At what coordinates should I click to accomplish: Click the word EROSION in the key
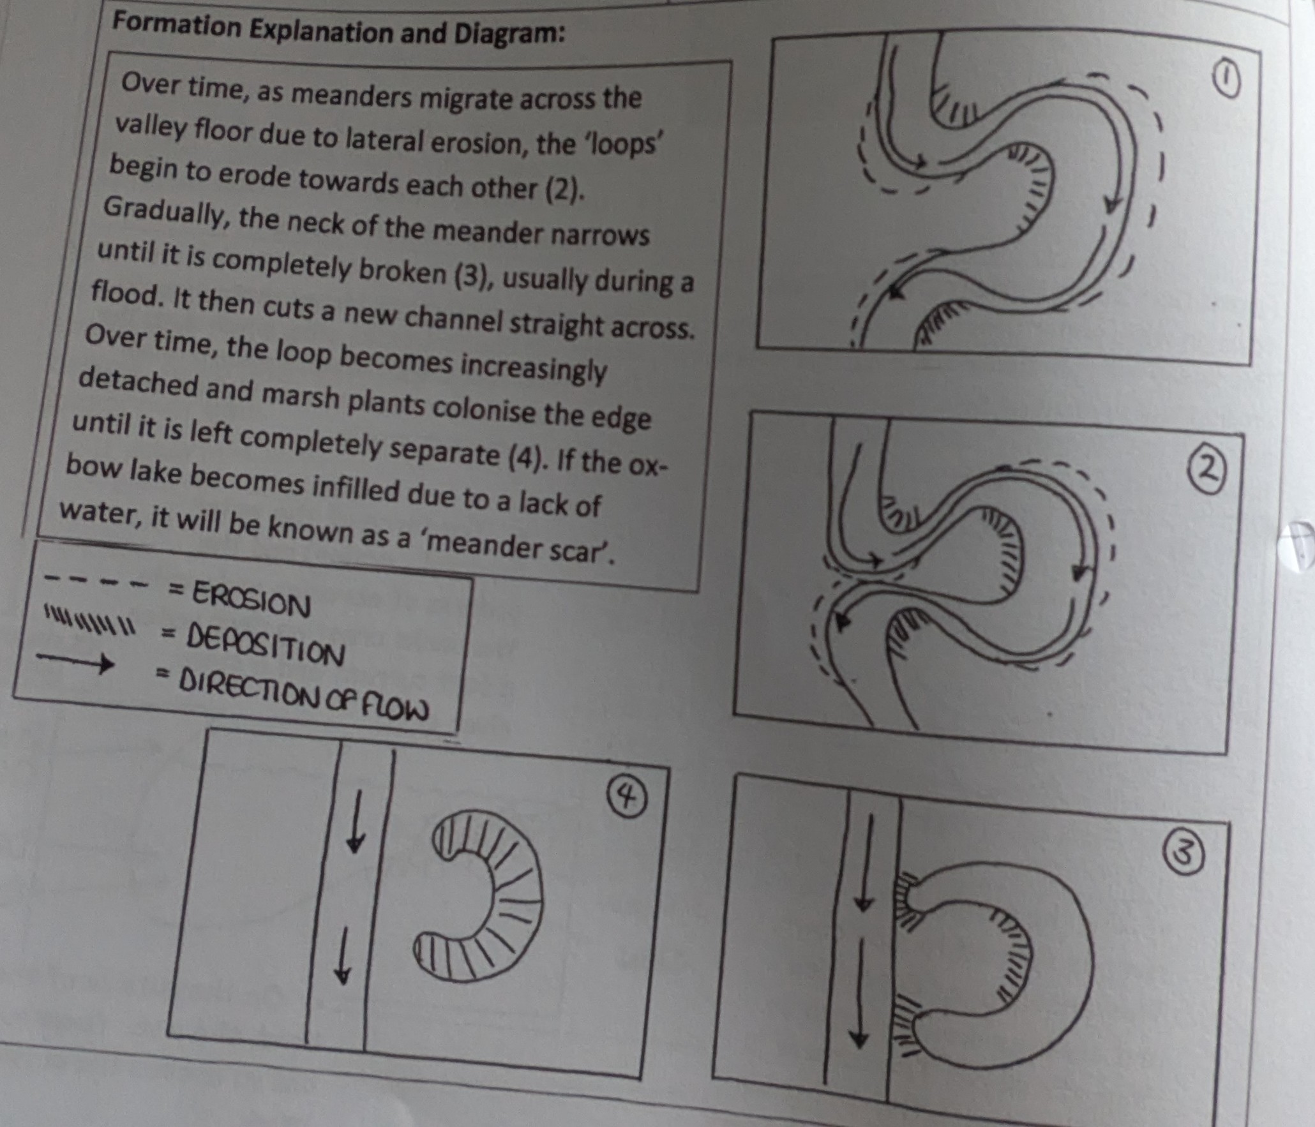[252, 600]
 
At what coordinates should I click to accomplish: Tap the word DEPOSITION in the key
[264, 643]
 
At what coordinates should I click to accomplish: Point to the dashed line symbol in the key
[98, 581]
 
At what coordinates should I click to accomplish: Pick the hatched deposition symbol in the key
[89, 619]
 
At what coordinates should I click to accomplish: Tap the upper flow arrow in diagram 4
[356, 822]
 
